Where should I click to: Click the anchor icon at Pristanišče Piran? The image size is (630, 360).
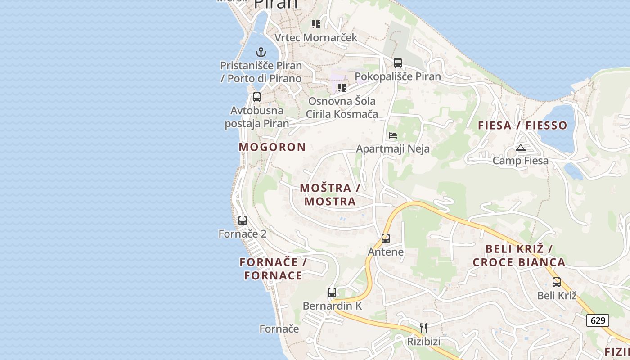tap(261, 52)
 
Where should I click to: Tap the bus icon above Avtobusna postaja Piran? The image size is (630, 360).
tap(257, 97)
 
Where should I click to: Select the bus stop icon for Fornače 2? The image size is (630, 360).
tap(243, 220)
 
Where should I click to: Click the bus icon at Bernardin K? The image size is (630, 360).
tap(332, 292)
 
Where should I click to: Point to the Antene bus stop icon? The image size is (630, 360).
tap(386, 238)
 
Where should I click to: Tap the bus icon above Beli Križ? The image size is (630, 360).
tap(557, 282)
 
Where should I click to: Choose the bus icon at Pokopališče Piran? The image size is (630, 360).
tap(398, 63)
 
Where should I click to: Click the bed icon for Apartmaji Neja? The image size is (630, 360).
tap(393, 135)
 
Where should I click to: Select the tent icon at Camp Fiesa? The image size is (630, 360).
tap(521, 148)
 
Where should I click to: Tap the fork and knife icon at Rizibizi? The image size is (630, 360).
tap(423, 328)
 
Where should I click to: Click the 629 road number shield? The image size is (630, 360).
tap(598, 320)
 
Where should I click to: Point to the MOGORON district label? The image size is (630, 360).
tap(272, 147)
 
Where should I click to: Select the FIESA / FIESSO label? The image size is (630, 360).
tap(522, 126)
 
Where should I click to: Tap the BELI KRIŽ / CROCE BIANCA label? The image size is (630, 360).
tap(519, 256)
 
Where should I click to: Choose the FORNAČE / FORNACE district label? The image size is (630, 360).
tap(273, 269)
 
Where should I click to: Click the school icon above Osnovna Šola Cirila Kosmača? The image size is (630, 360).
tap(342, 87)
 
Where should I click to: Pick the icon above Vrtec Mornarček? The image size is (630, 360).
tap(316, 24)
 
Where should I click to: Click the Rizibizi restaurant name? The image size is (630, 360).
tap(423, 342)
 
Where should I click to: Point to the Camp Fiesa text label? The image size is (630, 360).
tap(521, 161)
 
